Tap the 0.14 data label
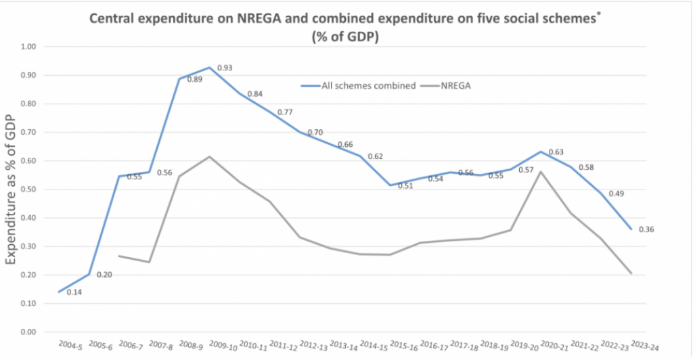pyautogui.click(x=74, y=292)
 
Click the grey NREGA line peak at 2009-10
pyautogui.click(x=209, y=157)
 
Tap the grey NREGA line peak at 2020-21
pyautogui.click(x=541, y=172)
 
